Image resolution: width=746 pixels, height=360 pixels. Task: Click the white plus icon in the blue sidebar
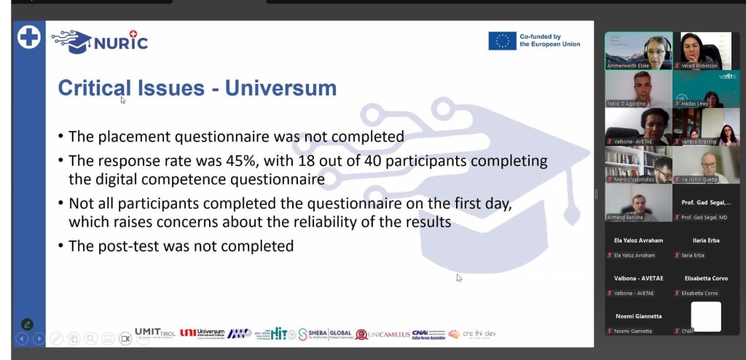point(29,37)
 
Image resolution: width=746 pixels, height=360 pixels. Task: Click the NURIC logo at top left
point(99,41)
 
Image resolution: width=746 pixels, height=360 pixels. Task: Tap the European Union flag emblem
point(502,41)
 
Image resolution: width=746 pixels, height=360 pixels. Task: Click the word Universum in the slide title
point(280,88)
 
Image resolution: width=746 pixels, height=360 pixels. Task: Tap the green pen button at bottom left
point(27,324)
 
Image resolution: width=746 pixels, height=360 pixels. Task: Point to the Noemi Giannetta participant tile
point(638,321)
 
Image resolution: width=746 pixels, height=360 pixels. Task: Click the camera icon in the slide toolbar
point(125,338)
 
